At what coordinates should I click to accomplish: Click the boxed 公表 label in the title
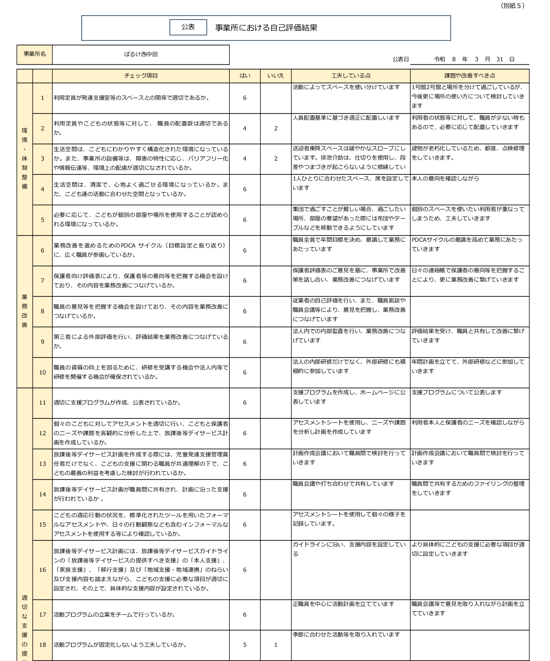pos(188,27)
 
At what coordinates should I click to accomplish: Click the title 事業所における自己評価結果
pos(266,28)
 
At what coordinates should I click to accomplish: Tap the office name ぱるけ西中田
pos(141,54)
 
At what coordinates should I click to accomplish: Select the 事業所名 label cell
pos(35,54)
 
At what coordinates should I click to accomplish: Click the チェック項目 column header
pos(141,75)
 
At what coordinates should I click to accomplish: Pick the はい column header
pos(245,75)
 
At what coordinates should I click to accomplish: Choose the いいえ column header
pos(275,75)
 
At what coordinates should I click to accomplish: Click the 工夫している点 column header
pos(350,75)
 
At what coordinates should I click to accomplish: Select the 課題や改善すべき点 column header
pos(469,75)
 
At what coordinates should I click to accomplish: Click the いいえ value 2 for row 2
pos(275,128)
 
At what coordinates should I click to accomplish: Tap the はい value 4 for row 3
pos(245,158)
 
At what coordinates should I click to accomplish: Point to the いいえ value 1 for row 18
pos(275,645)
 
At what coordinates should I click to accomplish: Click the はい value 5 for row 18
pos(245,645)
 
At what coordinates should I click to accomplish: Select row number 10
pos(43,372)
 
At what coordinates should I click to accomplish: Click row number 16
pos(43,570)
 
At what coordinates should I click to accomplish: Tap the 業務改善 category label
pos(24,311)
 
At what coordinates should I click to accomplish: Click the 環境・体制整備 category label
pos(24,158)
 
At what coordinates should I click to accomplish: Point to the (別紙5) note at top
pos(512,6)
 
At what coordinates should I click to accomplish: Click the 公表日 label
pos(400,59)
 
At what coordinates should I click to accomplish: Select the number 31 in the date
pos(500,59)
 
